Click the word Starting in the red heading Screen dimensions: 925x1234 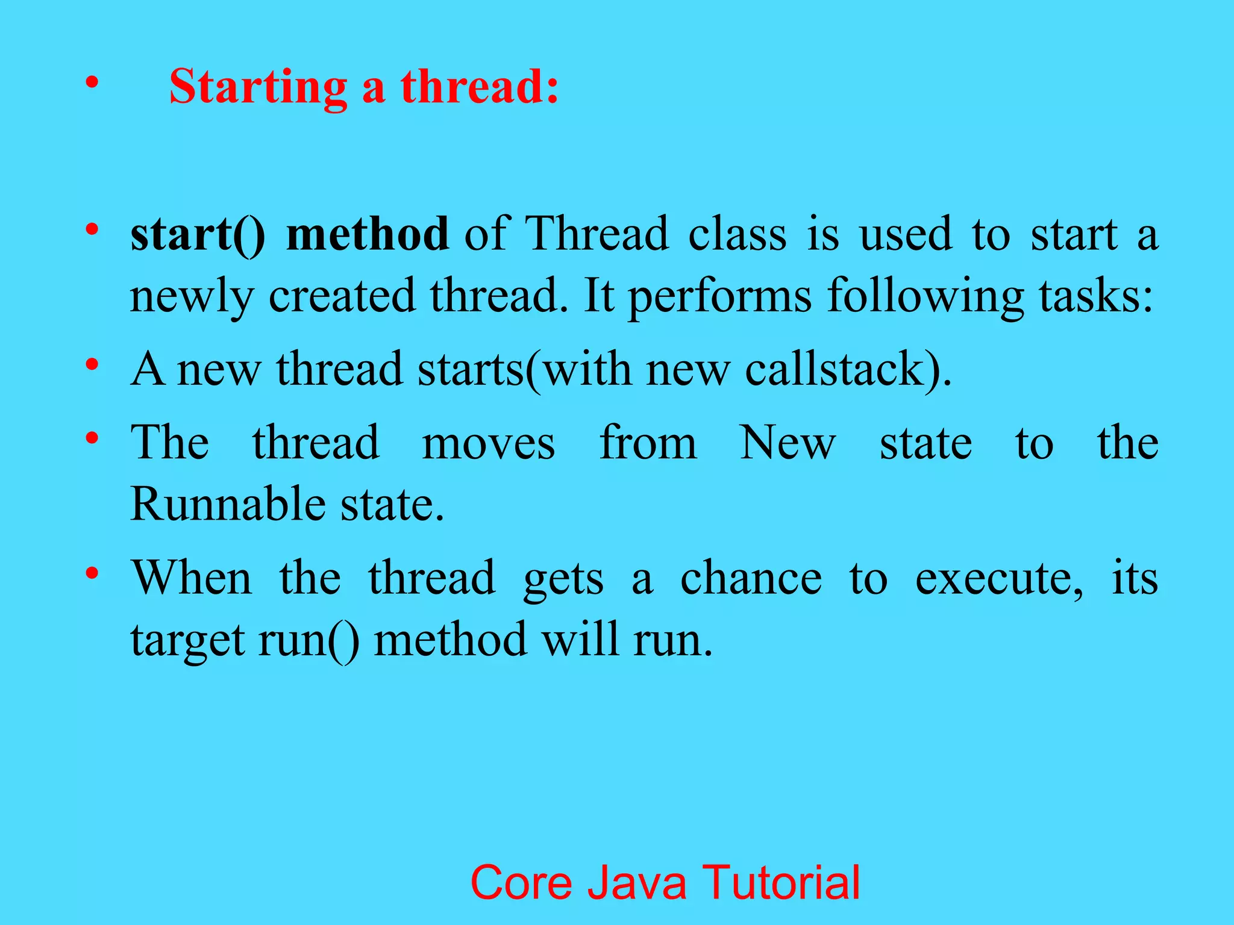tap(258, 88)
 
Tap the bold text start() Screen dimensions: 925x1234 tap(198, 234)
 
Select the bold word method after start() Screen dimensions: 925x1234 tap(367, 234)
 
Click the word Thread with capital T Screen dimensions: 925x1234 tap(597, 234)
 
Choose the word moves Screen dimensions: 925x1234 tap(488, 443)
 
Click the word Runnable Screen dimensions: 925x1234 tap(227, 505)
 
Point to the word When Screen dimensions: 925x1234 tap(192, 579)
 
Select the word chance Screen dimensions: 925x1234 tap(751, 579)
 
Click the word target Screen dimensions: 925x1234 tap(187, 641)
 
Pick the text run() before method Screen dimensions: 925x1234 tap(309, 641)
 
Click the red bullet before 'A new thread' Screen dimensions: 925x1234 tap(92, 365)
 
